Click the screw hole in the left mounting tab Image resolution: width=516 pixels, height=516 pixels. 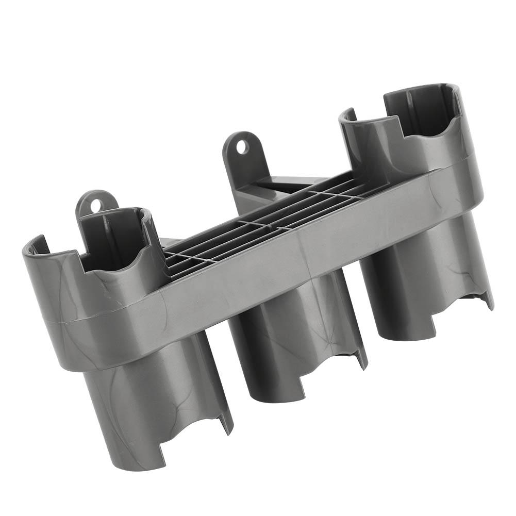pos(95,204)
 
